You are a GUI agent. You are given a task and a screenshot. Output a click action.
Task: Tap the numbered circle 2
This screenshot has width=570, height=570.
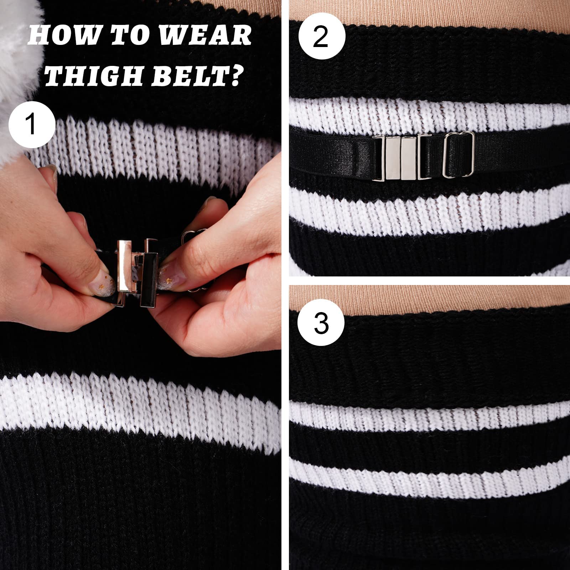[x=322, y=37]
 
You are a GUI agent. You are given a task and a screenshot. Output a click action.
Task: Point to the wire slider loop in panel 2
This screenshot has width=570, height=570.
[x=458, y=154]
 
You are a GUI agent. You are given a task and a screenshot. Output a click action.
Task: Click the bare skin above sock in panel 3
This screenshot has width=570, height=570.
[x=427, y=297]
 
